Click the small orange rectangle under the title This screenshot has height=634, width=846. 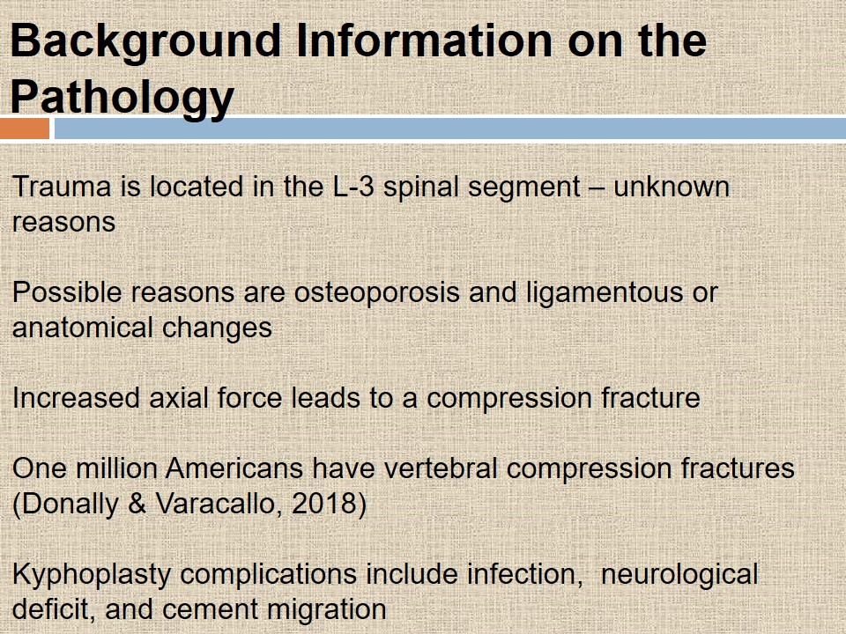point(25,129)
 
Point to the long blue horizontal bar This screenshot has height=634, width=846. point(450,129)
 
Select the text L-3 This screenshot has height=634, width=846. point(353,187)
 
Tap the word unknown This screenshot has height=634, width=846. point(672,187)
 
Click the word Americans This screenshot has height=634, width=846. point(234,468)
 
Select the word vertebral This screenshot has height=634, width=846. point(441,468)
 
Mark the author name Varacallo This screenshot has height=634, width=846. point(216,504)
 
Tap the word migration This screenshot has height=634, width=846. point(327,610)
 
